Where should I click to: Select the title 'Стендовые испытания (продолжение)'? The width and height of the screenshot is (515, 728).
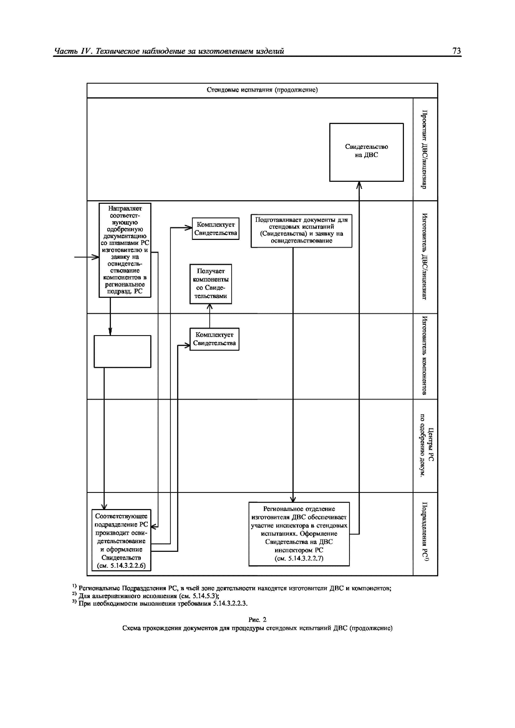click(262, 90)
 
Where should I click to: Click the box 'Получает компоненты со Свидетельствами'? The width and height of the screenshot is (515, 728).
click(211, 284)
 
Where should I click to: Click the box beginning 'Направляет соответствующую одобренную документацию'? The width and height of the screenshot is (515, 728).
click(125, 250)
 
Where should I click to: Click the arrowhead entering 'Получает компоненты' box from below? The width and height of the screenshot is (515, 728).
click(210, 307)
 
